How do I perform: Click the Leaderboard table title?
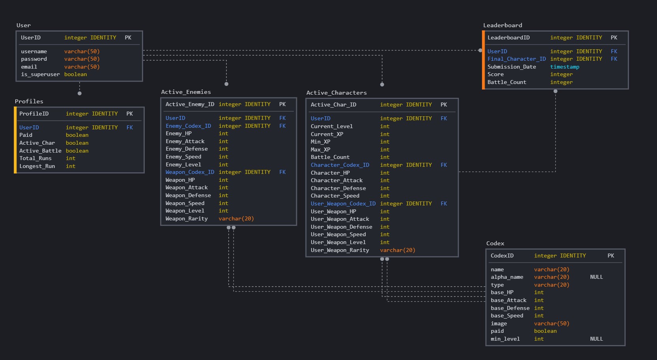click(502, 25)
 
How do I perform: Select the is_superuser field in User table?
click(40, 75)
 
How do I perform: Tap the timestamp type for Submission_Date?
click(564, 67)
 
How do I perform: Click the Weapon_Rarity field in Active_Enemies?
click(186, 219)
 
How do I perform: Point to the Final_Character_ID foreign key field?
click(516, 59)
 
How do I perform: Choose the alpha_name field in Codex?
click(507, 277)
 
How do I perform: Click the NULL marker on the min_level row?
click(596, 339)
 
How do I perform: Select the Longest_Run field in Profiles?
click(37, 166)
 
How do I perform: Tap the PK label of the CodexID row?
click(610, 256)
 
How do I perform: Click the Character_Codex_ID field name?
click(340, 165)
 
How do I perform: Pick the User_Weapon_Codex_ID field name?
click(343, 204)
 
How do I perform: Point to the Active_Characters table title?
click(336, 93)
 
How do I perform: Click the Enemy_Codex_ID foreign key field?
click(188, 126)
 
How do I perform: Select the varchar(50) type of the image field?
click(551, 324)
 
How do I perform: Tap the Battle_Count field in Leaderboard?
click(506, 82)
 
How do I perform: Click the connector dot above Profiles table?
click(80, 93)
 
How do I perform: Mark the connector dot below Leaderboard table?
click(555, 91)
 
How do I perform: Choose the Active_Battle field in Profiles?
click(40, 151)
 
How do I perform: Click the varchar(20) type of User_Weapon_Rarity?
click(397, 250)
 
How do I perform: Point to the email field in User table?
click(29, 67)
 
